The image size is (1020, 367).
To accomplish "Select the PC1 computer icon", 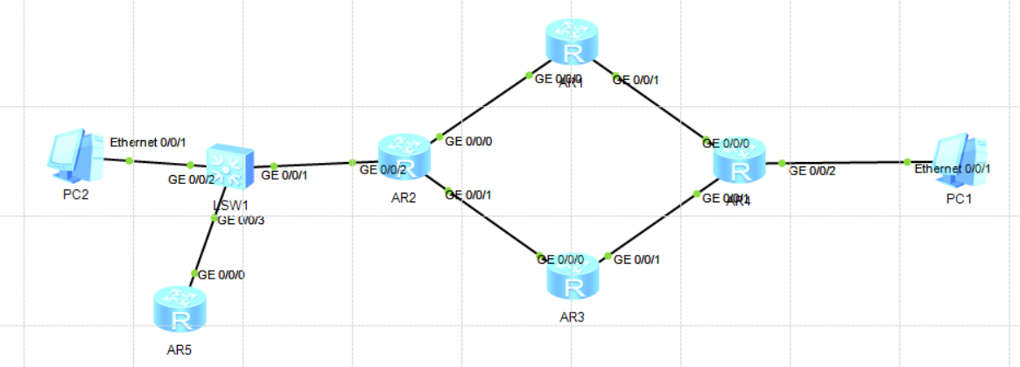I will point(961,159).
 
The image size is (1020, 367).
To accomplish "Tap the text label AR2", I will point(403,198).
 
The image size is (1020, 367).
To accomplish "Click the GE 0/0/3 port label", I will point(240,220).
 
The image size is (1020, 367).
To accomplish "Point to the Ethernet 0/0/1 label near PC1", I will point(953,168).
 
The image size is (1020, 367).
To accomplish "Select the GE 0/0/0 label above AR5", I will point(222,274).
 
